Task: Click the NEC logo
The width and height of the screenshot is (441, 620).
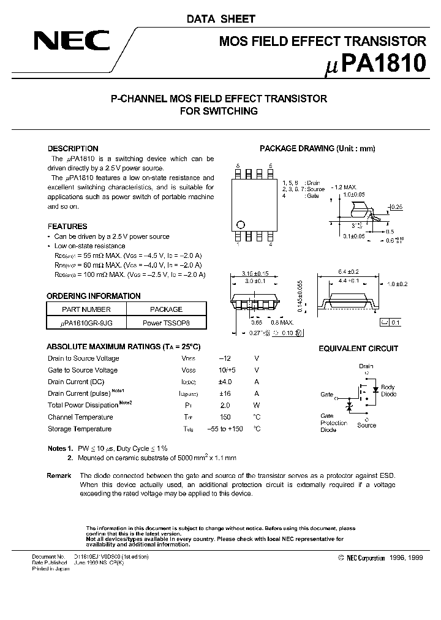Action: (x=72, y=42)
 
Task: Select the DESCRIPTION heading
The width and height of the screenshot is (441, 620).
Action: (x=73, y=149)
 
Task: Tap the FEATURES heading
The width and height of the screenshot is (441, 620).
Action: (x=67, y=226)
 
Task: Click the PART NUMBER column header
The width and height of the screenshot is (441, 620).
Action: (x=86, y=309)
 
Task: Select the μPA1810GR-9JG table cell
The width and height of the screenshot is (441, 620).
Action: (x=86, y=322)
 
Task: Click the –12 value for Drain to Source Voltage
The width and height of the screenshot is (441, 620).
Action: (x=225, y=358)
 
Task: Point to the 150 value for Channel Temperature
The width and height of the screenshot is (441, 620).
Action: (x=225, y=417)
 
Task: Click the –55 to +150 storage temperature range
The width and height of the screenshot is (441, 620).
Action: (x=224, y=429)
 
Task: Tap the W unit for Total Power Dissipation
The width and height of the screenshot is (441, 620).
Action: (x=257, y=406)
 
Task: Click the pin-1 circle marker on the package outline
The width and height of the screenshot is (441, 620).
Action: (x=241, y=224)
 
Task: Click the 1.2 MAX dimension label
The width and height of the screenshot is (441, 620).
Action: (x=345, y=186)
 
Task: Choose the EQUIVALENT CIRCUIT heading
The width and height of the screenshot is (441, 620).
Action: (x=358, y=349)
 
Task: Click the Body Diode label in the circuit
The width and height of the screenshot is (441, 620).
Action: (x=388, y=391)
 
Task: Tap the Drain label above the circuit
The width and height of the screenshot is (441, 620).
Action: (x=366, y=366)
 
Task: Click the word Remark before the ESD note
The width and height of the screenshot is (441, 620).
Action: (x=59, y=476)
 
